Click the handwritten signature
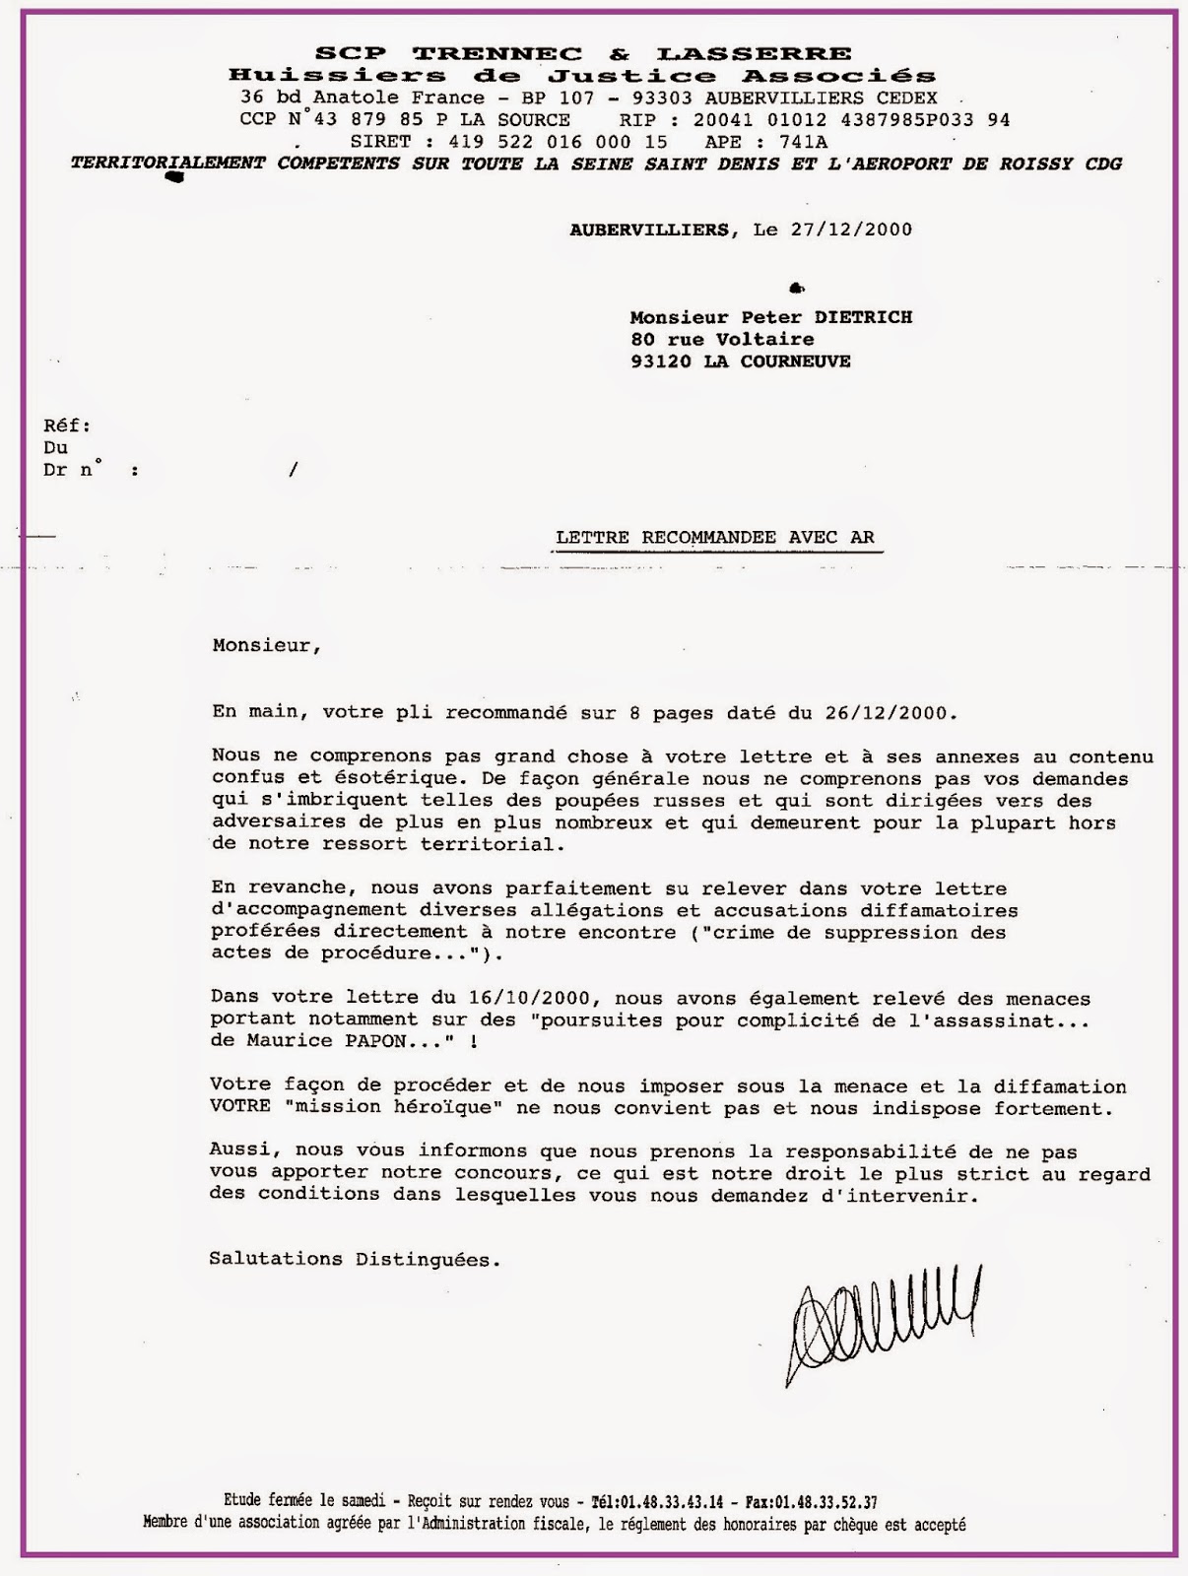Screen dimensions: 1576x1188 coord(880,1320)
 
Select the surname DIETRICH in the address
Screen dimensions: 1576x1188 coord(861,317)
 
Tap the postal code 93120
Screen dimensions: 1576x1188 coord(662,361)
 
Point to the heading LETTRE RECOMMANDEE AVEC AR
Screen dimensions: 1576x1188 coord(715,538)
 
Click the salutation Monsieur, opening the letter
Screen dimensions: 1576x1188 coord(266,646)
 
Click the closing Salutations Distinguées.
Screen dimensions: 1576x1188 coord(355,1259)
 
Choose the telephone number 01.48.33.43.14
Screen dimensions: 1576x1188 coord(673,1502)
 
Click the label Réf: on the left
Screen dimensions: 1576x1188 coord(67,426)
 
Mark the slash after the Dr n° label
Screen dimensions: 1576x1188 coord(293,470)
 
